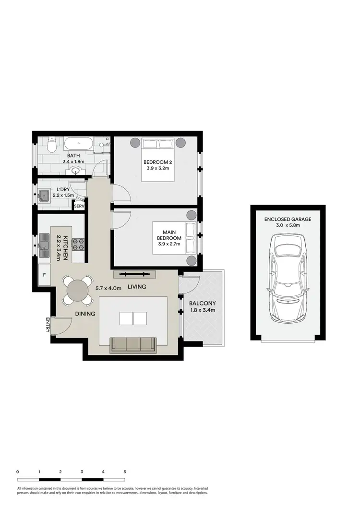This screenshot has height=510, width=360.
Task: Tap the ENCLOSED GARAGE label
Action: click(288, 219)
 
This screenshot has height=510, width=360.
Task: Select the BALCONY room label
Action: click(202, 303)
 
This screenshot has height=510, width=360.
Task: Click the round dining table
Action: click(77, 291)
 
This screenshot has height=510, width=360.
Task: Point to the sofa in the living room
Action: click(133, 345)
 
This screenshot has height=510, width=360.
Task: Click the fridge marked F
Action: click(45, 276)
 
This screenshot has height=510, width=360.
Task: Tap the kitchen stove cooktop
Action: click(78, 244)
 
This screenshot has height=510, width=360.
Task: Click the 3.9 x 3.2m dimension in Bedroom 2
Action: click(157, 169)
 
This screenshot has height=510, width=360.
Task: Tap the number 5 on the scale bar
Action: click(125, 472)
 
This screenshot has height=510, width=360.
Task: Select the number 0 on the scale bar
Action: click(17, 472)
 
